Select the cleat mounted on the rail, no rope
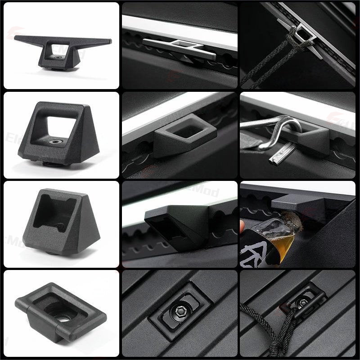click(180, 45)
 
